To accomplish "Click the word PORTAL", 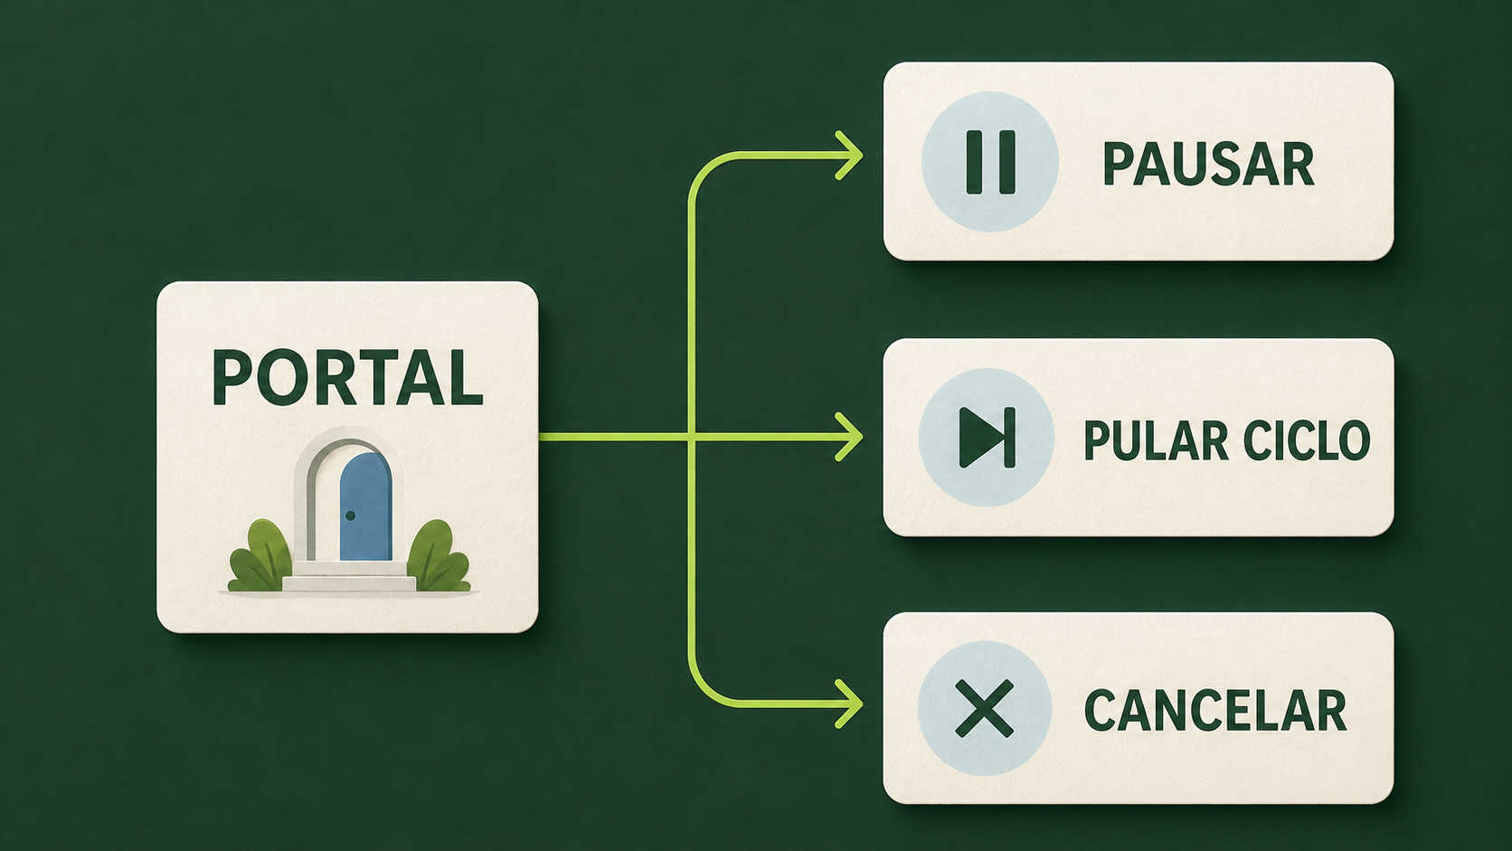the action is tap(347, 376).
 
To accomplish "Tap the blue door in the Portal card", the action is tap(365, 506).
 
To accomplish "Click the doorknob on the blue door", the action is tap(350, 515).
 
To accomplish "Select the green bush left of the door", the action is tap(260, 556).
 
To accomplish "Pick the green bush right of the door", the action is tap(439, 556).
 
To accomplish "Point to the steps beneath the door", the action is tap(349, 576).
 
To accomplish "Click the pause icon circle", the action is tap(990, 162).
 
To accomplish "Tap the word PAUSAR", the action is tap(1208, 164).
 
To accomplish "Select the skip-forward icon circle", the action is tap(987, 438).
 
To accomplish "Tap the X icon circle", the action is tap(985, 708).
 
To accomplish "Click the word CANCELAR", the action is tap(1215, 711).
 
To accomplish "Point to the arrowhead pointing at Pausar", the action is tap(850, 156).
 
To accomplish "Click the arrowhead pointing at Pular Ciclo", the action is tap(850, 438).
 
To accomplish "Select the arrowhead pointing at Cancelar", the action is tap(850, 704).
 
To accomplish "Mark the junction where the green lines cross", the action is tap(691, 438).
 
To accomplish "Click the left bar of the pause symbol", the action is tap(974, 163).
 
